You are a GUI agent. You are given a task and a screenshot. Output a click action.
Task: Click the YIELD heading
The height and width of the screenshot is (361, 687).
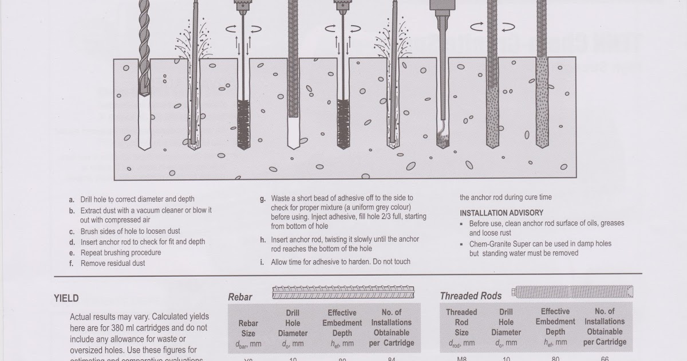pyautogui.click(x=66, y=298)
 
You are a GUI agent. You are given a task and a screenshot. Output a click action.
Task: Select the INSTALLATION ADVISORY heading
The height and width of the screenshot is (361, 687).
pyautogui.click(x=502, y=213)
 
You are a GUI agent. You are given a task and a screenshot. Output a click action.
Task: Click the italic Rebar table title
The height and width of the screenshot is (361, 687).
pyautogui.click(x=240, y=297)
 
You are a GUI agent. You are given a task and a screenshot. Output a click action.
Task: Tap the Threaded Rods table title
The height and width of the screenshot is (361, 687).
pyautogui.click(x=471, y=296)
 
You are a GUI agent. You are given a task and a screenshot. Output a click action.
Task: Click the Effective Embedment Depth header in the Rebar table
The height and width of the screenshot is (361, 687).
pyautogui.click(x=342, y=328)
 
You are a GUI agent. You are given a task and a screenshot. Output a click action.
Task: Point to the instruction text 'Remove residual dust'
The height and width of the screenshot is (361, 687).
pyautogui.click(x=113, y=264)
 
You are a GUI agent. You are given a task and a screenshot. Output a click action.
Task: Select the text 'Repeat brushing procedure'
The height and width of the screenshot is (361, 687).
pyautogui.click(x=121, y=253)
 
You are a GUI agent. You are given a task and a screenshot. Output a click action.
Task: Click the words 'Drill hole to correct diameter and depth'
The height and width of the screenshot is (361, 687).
pyautogui.click(x=137, y=199)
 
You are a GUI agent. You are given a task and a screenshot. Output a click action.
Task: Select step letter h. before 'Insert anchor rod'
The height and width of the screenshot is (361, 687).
pyautogui.click(x=262, y=239)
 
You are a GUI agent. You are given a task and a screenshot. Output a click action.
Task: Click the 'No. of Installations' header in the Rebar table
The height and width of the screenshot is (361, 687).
pyautogui.click(x=391, y=317)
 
